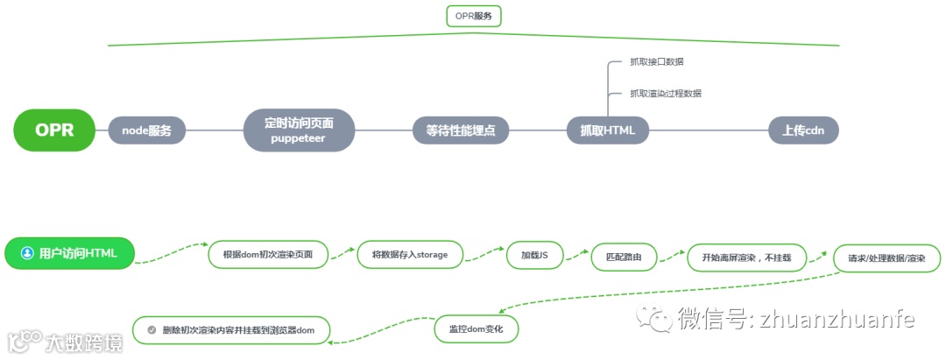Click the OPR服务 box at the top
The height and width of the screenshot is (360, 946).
point(473,16)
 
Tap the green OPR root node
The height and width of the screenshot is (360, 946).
point(54,131)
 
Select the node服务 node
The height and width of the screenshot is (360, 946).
point(146,131)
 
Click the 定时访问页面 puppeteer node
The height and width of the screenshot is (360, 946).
point(299,130)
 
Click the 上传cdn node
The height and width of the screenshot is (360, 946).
point(803,131)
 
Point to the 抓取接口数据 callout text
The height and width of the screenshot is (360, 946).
point(657,62)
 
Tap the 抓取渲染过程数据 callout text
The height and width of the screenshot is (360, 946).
point(665,93)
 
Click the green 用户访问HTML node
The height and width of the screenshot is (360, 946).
point(71,253)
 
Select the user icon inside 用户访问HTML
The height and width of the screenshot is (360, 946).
point(27,253)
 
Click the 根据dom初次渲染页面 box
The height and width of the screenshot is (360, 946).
point(268,255)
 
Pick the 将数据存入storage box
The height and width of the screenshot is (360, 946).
point(410,255)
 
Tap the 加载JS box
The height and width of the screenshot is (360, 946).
point(534,255)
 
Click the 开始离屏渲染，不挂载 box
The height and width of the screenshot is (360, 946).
point(746,258)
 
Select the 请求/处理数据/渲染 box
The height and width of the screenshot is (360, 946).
point(887,258)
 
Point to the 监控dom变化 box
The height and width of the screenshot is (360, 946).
point(476,328)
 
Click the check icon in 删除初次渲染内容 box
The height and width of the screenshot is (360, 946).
point(152,329)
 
